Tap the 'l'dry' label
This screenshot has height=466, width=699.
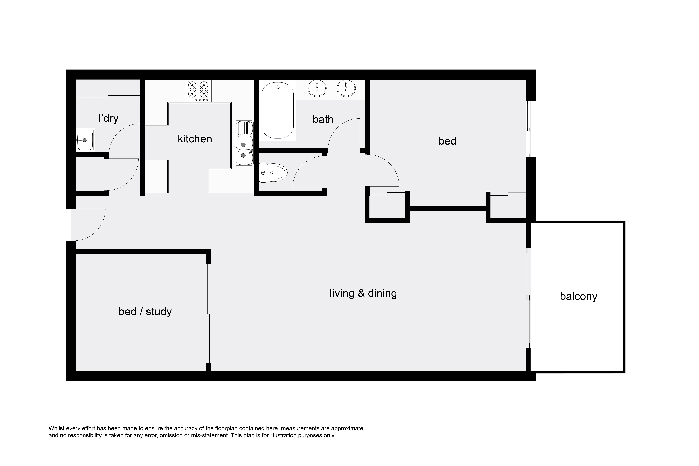pyautogui.click(x=108, y=118)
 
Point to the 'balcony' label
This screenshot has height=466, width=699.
pyautogui.click(x=578, y=297)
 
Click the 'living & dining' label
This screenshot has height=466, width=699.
pyautogui.click(x=363, y=293)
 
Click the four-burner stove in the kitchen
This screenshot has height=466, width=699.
pyautogui.click(x=198, y=90)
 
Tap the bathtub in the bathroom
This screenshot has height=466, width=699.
pyautogui.click(x=278, y=110)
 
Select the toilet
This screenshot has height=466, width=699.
pyautogui.click(x=273, y=172)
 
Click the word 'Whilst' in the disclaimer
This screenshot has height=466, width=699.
pyautogui.click(x=57, y=428)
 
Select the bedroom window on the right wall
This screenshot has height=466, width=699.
pyautogui.click(x=528, y=129)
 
